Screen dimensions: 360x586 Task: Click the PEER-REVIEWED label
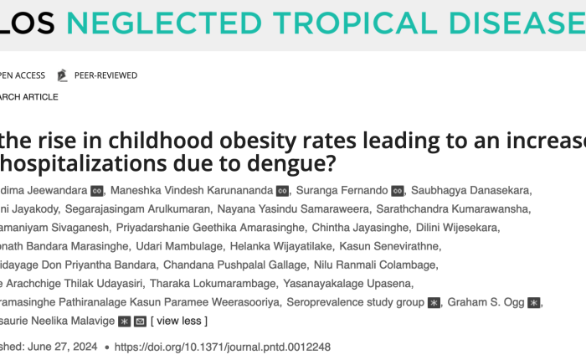[x=105, y=75]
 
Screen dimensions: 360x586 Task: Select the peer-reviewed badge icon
[x=61, y=75]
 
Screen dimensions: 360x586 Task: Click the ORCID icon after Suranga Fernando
[x=398, y=190]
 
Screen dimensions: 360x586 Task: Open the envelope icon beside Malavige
[x=140, y=321]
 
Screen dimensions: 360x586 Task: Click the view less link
[x=179, y=321]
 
